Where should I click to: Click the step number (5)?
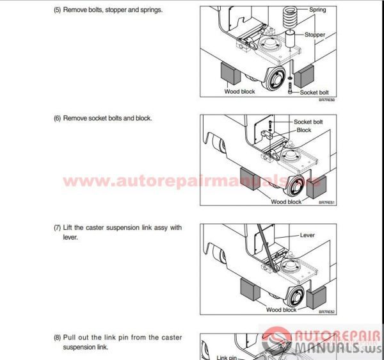click(58, 10)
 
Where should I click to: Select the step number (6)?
click(58, 119)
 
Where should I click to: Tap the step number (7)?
click(58, 227)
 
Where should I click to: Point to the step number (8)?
click(58, 338)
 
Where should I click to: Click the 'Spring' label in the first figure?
click(317, 10)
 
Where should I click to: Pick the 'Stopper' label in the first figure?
click(315, 35)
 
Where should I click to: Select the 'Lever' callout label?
click(308, 235)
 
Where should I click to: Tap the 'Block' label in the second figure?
click(303, 130)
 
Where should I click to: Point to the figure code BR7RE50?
click(327, 100)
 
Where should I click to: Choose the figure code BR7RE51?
click(327, 202)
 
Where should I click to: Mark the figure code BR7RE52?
click(327, 312)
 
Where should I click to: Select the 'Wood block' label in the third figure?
click(282, 310)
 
